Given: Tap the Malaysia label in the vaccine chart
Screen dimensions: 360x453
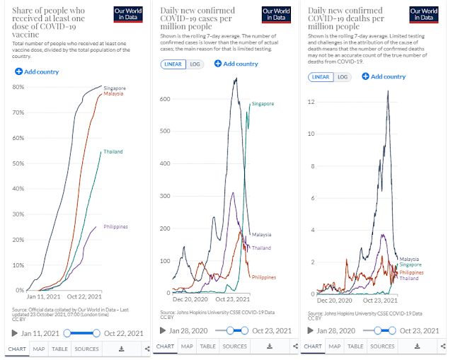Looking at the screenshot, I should pos(113,93).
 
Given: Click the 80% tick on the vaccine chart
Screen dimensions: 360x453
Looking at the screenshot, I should pos(18,87).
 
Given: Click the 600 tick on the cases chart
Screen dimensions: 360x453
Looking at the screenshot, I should pos(165,99).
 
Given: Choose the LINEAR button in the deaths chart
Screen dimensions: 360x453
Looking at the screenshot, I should pos(321,77).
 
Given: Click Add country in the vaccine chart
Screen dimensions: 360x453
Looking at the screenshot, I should pos(36,71).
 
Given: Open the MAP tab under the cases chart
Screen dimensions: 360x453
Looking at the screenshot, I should pos(186,346).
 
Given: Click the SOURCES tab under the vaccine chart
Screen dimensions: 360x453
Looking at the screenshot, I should pos(86,349).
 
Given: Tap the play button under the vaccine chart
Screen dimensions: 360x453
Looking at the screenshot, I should pos(15,333).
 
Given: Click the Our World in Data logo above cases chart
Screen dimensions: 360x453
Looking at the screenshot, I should pos(275,15).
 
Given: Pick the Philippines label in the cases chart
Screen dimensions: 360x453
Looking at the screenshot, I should pos(263,277).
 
